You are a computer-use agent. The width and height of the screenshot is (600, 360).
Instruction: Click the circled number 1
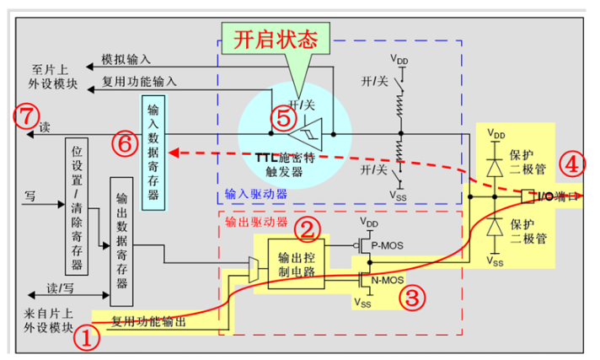click(88, 339)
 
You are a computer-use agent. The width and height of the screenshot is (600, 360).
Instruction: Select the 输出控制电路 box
click(295, 264)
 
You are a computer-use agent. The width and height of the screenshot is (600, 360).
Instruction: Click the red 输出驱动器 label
click(256, 222)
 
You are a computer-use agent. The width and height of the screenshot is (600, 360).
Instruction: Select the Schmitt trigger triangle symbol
click(301, 133)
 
